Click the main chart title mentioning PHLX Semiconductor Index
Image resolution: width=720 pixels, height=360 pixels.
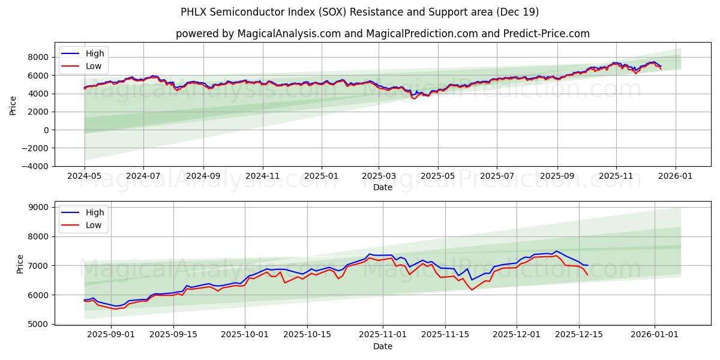pos(360,12)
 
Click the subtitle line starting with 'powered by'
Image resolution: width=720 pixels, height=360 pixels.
pos(382,34)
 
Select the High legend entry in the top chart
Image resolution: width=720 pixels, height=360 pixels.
pos(95,53)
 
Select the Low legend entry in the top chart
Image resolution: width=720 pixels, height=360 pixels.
pos(94,66)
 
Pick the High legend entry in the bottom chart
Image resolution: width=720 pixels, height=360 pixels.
pos(95,212)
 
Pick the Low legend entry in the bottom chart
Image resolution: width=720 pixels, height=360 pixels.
pos(94,225)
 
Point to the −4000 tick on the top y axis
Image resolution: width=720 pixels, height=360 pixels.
pos(36,166)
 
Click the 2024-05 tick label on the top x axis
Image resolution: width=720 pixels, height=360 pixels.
pos(85,177)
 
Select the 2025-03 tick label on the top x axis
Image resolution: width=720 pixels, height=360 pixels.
pos(379,177)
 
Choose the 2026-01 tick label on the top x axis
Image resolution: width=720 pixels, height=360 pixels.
pos(676,177)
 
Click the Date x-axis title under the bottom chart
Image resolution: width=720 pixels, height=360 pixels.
pos(382,347)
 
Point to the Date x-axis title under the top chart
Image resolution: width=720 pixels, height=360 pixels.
pos(382,188)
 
